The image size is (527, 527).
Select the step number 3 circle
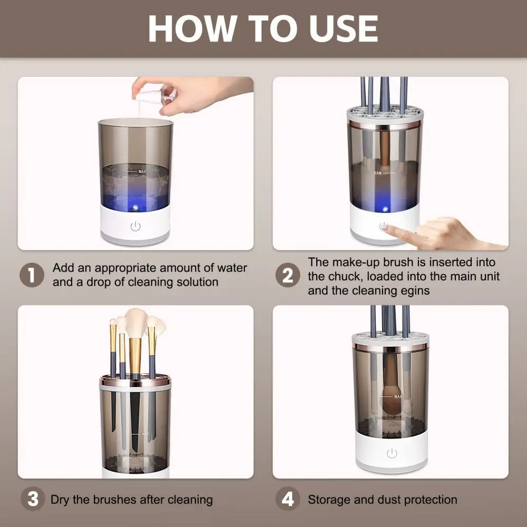click(x=32, y=499)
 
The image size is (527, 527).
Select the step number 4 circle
click(x=288, y=499)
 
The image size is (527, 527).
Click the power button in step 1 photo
click(x=135, y=227)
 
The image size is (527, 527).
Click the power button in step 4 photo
click(x=391, y=453)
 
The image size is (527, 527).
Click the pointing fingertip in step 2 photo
click(x=385, y=228)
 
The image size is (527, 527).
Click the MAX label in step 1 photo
click(x=142, y=171)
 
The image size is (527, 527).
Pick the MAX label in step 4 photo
click(x=398, y=396)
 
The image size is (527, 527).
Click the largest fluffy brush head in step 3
click(x=136, y=323)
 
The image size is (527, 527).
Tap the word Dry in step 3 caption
click(x=60, y=499)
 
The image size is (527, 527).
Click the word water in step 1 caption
click(x=232, y=268)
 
